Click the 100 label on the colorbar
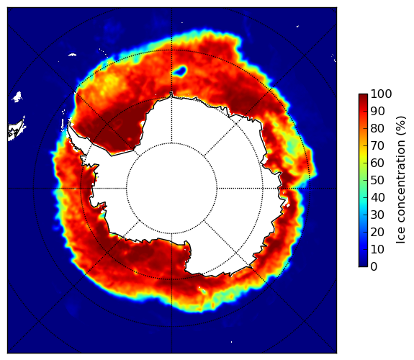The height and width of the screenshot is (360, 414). coord(381,94)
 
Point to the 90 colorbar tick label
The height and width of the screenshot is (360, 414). coord(377,111)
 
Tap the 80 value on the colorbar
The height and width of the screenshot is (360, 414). coord(377,128)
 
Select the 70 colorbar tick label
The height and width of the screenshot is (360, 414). coord(377,145)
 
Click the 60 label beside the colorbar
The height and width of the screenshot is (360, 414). coord(377,163)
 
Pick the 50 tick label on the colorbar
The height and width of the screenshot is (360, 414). coord(377,181)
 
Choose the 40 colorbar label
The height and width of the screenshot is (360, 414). coord(377,197)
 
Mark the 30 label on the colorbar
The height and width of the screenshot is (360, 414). coord(377,215)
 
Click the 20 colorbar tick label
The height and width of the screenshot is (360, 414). coord(377,232)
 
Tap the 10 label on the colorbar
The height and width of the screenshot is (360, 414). coord(377,249)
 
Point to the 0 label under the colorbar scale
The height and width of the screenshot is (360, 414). coord(374,267)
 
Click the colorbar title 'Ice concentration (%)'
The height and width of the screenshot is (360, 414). coord(401,180)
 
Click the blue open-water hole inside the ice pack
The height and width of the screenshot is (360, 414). coord(180,71)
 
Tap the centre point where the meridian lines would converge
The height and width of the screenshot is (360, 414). coord(171,189)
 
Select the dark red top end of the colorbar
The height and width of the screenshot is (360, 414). coord(363,96)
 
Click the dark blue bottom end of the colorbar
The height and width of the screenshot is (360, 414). coord(363,265)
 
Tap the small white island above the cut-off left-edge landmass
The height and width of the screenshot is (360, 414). coord(17,97)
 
